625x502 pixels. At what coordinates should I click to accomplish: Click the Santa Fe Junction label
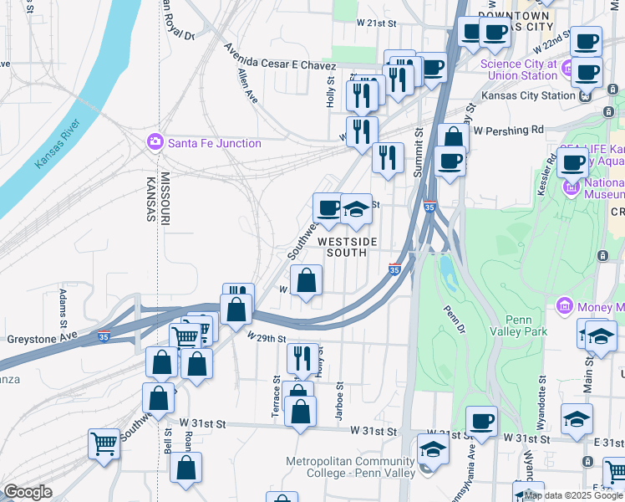[214, 143]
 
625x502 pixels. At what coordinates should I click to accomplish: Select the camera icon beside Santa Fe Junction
[155, 142]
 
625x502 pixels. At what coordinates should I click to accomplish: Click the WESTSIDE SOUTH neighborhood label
[346, 247]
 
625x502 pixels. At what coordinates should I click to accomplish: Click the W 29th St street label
[267, 338]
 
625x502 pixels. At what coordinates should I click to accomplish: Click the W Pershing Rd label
[508, 130]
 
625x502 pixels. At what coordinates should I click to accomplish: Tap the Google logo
[28, 492]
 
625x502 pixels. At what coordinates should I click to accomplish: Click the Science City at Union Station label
[518, 69]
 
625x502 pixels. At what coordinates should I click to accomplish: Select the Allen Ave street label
[248, 86]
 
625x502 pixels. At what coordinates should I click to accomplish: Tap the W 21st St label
[375, 22]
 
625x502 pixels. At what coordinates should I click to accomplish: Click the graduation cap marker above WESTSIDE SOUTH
[357, 209]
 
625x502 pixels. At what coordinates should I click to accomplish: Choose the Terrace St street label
[276, 395]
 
